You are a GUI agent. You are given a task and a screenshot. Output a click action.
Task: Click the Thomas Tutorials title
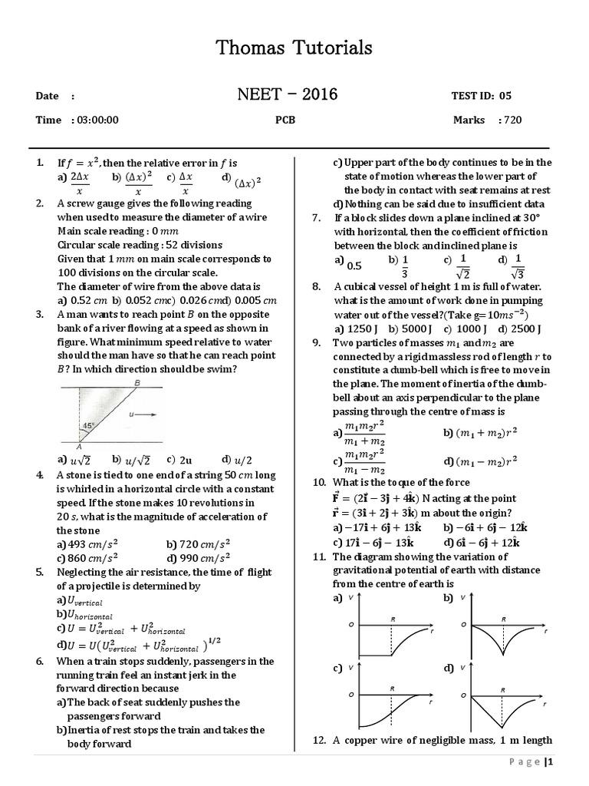(x=294, y=48)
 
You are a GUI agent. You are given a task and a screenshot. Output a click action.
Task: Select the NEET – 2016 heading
(x=288, y=95)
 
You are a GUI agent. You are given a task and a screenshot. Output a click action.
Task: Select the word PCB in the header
(x=285, y=120)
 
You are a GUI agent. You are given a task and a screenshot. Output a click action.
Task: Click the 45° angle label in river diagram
(x=88, y=427)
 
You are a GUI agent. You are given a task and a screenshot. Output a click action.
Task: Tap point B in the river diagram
(x=137, y=383)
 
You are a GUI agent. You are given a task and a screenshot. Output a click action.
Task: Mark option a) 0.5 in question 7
(x=348, y=264)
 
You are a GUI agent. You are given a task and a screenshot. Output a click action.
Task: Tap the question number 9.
(x=317, y=342)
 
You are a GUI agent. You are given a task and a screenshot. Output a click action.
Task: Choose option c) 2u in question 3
(x=180, y=461)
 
